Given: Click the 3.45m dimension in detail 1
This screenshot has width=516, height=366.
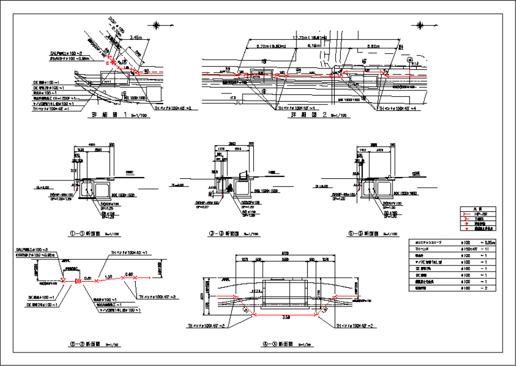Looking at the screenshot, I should tap(134, 37).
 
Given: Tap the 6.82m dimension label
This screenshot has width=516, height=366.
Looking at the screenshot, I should tap(372, 46).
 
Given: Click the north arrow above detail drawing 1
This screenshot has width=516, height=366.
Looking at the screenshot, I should tap(156, 25).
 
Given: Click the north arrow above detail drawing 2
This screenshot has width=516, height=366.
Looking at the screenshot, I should tap(419, 25).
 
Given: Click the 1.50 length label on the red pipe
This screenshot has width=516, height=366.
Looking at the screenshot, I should tap(108, 276).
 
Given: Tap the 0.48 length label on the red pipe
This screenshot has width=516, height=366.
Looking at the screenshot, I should tap(129, 274).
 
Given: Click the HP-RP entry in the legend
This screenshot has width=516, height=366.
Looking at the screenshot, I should tap(480, 214).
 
